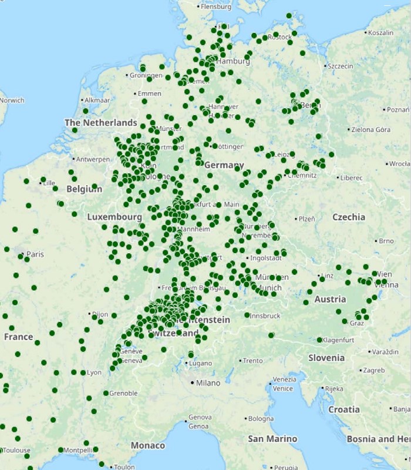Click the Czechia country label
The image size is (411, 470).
349,217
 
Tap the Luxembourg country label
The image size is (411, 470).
114,217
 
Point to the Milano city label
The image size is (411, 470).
208,383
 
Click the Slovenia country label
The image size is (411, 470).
326,357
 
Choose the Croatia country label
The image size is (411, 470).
343,409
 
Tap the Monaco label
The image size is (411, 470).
147,445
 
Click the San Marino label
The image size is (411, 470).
272,439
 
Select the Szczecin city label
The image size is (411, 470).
341,66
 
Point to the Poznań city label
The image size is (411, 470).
397,109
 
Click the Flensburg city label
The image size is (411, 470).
216,7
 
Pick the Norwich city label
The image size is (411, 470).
12,100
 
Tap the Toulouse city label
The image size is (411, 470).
16,451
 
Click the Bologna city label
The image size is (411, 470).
261,419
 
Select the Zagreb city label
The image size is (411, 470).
373,370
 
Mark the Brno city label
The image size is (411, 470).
386,241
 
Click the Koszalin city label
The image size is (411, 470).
381,33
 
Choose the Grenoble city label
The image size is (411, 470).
123,393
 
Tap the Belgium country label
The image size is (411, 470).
84,189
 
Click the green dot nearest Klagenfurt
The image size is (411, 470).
319,340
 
